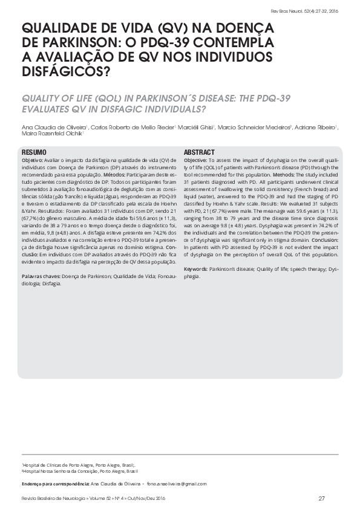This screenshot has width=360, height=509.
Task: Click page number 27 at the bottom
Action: click(x=322, y=498)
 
